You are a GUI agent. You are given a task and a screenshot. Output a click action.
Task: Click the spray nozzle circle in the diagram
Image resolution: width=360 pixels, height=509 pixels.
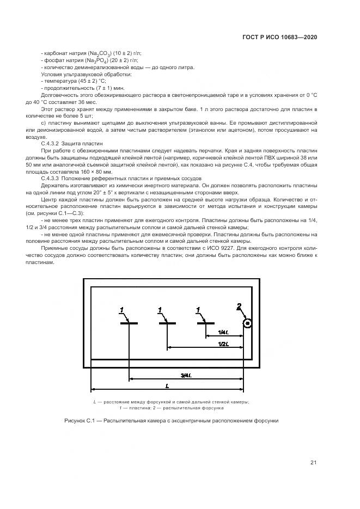248,324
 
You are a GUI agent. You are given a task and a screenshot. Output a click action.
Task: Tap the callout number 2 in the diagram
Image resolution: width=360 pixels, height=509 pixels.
239,306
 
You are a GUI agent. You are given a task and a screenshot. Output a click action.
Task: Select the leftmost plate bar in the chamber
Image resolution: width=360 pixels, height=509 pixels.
129,323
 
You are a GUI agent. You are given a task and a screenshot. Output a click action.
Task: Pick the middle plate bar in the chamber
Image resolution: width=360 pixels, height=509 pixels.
167,323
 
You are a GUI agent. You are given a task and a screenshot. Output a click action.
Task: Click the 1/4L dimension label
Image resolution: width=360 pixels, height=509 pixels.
223,332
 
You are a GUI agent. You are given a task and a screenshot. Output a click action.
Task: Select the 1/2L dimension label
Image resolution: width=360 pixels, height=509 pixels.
223,344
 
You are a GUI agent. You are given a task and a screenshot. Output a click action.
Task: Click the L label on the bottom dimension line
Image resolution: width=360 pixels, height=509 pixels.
167,385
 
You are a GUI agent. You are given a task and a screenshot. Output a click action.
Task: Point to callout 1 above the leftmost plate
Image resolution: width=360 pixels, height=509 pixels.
122,310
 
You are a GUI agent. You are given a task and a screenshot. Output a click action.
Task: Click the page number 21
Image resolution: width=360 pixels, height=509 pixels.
313,463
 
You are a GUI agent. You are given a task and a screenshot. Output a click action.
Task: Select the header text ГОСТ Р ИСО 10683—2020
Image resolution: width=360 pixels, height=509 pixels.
279,37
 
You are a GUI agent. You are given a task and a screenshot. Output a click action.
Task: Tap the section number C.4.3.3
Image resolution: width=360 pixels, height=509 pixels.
51,178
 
